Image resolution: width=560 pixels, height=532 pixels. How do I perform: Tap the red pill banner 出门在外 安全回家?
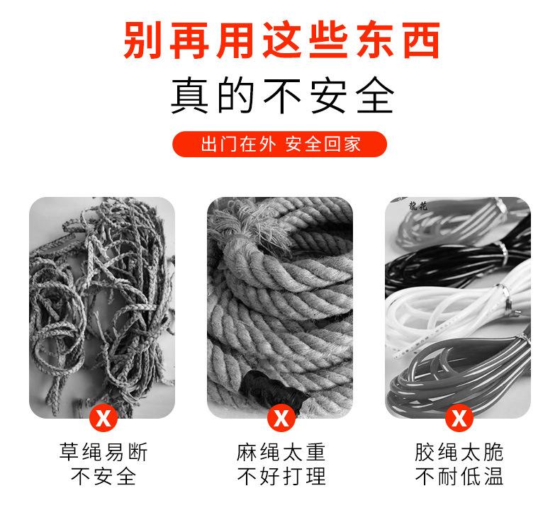point(280,144)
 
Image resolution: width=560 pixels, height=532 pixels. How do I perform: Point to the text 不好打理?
point(281,477)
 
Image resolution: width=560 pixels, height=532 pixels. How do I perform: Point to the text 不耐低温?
point(459,477)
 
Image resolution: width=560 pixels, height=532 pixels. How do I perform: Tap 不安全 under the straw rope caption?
point(103,477)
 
